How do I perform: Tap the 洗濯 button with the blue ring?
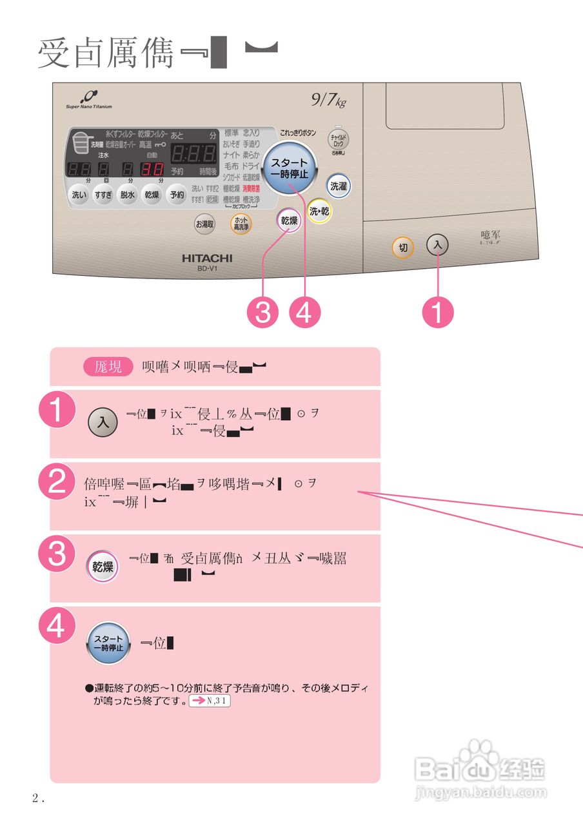[x=338, y=186]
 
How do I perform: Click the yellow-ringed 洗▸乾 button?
[x=319, y=211]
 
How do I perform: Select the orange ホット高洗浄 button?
[x=242, y=224]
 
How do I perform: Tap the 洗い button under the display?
[x=79, y=195]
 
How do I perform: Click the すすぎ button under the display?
[x=103, y=195]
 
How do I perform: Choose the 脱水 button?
[x=128, y=195]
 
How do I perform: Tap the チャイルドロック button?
[x=339, y=139]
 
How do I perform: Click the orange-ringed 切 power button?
[x=403, y=247]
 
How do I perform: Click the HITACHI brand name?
[x=207, y=258]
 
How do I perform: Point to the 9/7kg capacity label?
[x=328, y=101]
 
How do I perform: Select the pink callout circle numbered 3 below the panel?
[x=262, y=313]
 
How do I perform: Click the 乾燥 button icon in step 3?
[x=103, y=567]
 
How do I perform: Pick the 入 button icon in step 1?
[x=103, y=423]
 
